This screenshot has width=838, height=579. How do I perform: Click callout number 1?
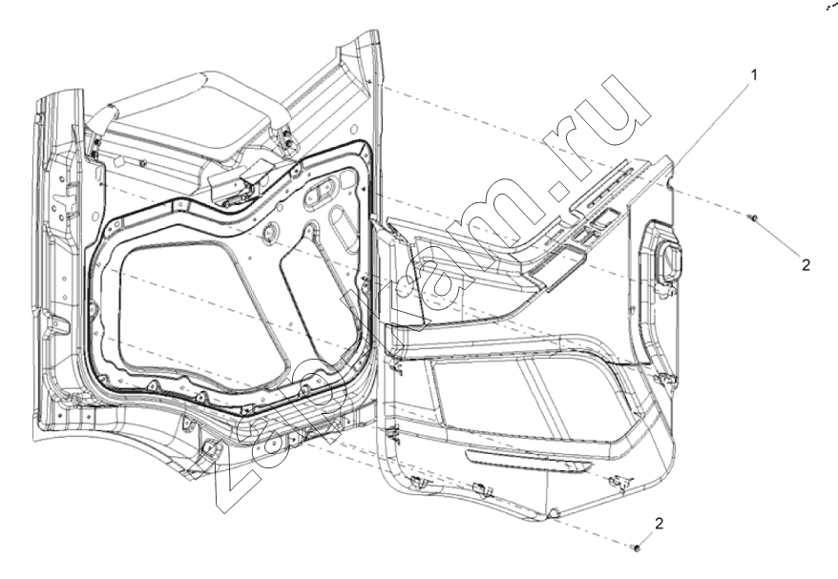754,75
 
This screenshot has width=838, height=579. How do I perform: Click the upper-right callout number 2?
806,264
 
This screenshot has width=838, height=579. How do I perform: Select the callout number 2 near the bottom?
659,524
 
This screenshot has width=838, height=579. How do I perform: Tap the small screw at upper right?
754,217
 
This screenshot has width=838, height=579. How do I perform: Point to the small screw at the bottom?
636,548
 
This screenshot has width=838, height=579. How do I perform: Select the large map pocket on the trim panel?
529,406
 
